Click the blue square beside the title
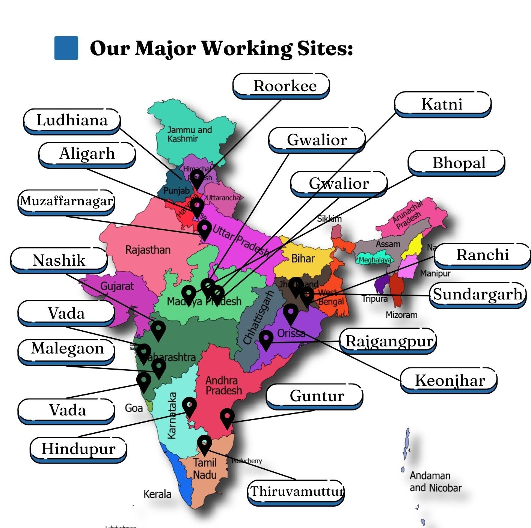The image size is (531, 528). (x=66, y=48)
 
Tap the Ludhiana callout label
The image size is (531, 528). (x=72, y=120)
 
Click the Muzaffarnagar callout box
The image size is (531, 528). (x=66, y=202)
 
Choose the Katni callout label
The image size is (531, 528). (x=442, y=104)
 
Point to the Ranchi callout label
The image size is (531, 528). (x=482, y=255)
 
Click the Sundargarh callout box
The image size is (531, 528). (x=478, y=295)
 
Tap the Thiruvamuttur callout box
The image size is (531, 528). (x=296, y=492)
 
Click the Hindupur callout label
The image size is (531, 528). (x=78, y=449)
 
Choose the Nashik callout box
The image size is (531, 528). (x=59, y=260)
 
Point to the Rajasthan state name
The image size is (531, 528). (x=148, y=250)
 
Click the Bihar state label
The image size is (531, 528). (x=303, y=258)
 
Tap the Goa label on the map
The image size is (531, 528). (x=134, y=408)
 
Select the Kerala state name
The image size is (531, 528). (x=157, y=494)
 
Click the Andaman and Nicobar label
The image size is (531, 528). (x=435, y=481)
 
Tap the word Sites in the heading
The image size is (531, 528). (x=325, y=48)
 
